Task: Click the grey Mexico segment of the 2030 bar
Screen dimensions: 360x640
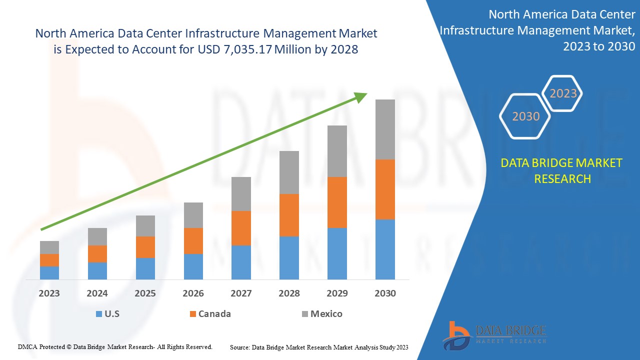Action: click(x=385, y=129)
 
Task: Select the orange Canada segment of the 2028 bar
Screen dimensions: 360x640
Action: click(x=289, y=215)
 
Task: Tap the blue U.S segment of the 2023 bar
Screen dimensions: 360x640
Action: click(x=49, y=272)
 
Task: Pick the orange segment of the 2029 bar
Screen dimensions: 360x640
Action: click(x=337, y=202)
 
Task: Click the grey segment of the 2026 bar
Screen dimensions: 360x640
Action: click(x=193, y=215)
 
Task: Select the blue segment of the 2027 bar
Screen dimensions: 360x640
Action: click(x=241, y=262)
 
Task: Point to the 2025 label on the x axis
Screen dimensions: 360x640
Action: click(x=145, y=293)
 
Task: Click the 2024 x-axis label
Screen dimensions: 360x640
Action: click(x=97, y=293)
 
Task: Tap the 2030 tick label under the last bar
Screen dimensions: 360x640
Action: click(x=385, y=293)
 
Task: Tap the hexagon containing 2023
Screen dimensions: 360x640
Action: click(x=563, y=93)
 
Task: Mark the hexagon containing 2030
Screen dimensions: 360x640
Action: click(x=525, y=116)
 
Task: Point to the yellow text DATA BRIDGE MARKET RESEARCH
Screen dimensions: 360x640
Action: click(x=562, y=170)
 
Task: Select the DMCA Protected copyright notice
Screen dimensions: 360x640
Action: click(x=115, y=346)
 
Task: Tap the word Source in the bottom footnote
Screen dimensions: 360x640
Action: click(x=239, y=347)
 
